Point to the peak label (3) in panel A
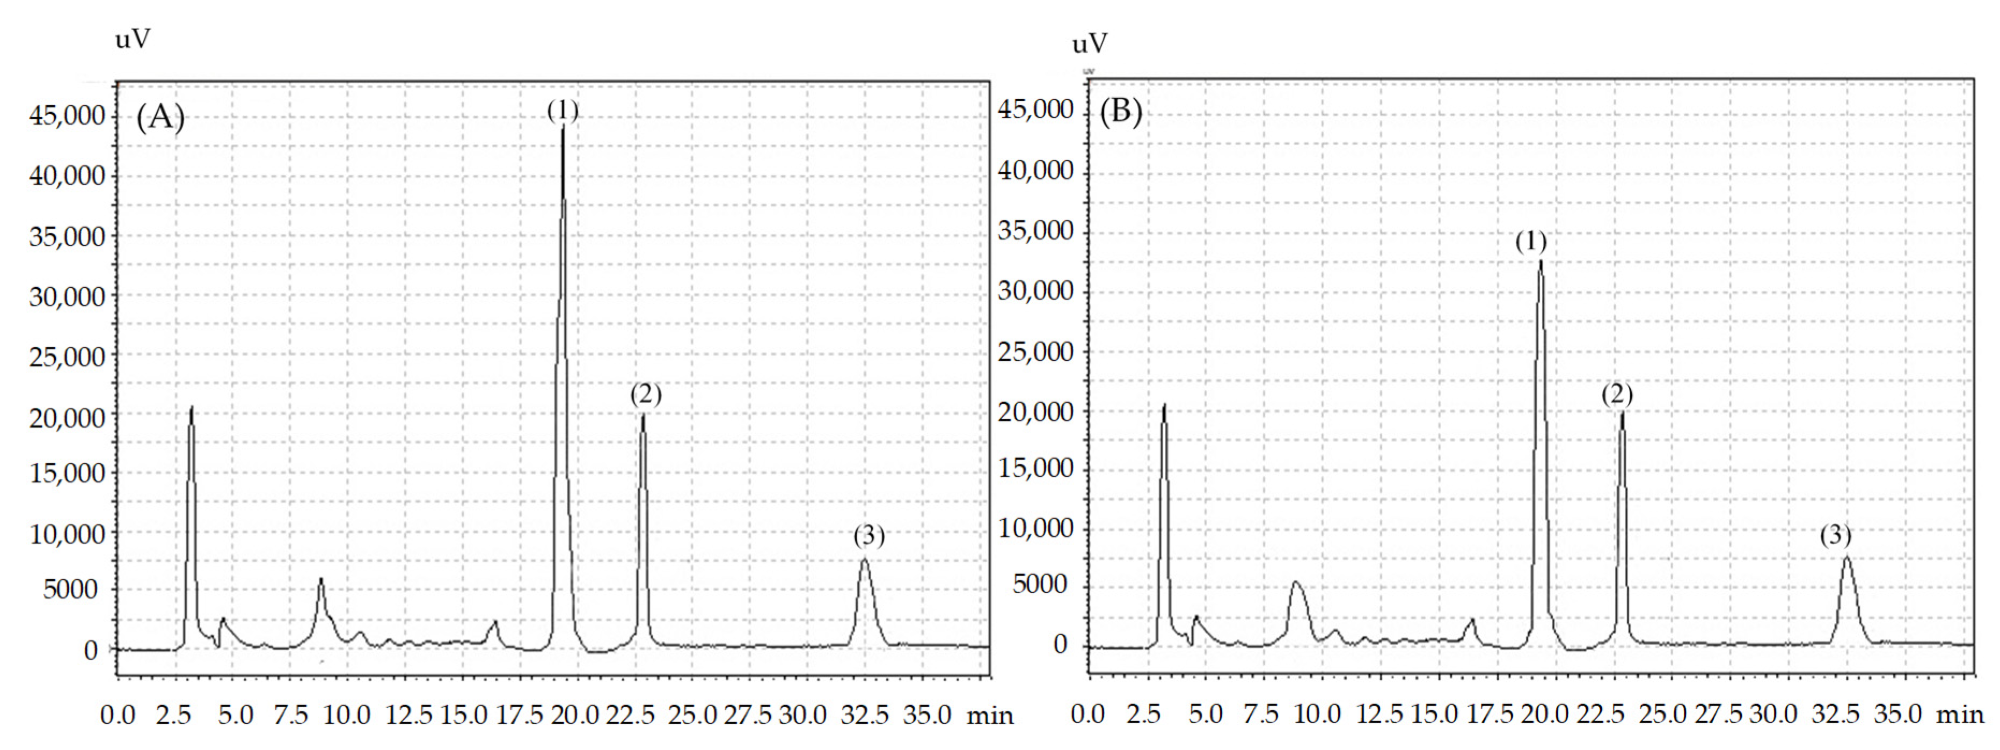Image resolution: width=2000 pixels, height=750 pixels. (x=869, y=536)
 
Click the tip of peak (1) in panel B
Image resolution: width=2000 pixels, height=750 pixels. (x=1541, y=261)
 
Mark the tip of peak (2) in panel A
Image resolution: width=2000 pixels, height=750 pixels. (x=643, y=416)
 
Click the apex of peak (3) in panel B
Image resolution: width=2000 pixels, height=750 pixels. (x=1847, y=557)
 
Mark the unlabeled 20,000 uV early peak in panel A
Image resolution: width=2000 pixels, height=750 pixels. (x=191, y=407)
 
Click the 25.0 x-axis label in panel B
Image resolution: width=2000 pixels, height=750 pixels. (x=1662, y=714)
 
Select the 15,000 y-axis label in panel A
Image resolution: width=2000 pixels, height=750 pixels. (x=67, y=473)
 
